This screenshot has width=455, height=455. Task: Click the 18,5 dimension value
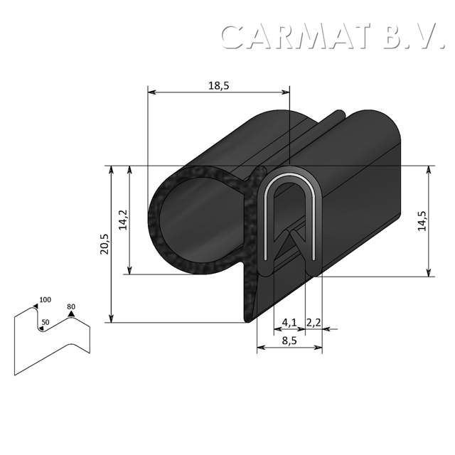point(219,85)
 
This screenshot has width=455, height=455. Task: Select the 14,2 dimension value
point(122,220)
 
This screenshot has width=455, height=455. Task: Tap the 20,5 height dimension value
point(105,244)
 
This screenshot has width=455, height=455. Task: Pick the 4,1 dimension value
point(289,323)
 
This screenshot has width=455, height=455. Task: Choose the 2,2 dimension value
point(314,323)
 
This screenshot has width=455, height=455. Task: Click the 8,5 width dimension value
point(289,341)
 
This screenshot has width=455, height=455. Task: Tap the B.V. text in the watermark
point(412,36)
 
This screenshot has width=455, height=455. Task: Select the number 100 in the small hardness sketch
point(45,299)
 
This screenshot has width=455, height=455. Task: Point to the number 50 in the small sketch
point(45,322)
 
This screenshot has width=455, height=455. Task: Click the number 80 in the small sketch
point(70,306)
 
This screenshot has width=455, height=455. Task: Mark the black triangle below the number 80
point(70,314)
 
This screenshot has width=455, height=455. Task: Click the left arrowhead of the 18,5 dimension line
point(150,92)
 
